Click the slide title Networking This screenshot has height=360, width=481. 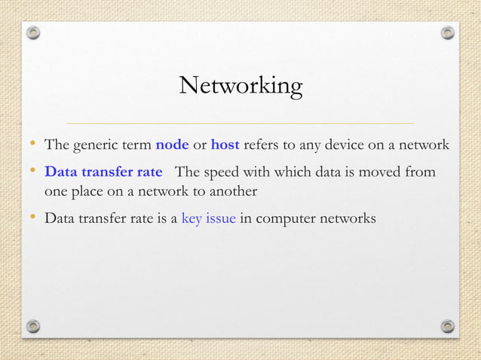coord(240,86)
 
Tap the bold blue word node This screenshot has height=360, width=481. coord(172,144)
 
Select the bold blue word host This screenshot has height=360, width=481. coord(225,144)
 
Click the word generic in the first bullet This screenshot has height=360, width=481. coord(94,145)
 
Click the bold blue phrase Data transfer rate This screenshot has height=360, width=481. coord(103,172)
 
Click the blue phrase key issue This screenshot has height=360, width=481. coord(209,219)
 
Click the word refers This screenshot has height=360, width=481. coord(262,144)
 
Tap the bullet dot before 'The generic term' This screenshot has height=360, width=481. coord(32,143)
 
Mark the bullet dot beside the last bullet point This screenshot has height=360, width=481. coord(32,218)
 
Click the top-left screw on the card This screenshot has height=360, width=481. coord(32,33)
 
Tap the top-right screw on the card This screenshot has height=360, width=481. coord(448,33)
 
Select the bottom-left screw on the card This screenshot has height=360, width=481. coord(32,325)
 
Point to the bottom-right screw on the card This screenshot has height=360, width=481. coord(448,325)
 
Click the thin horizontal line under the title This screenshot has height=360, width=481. coord(240,122)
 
